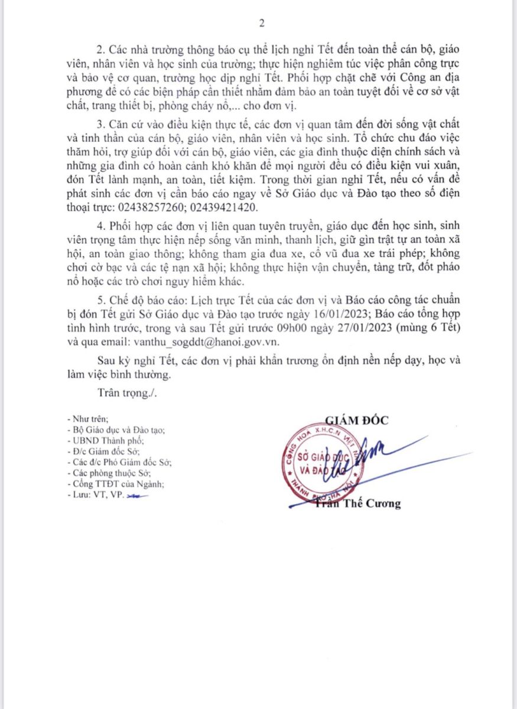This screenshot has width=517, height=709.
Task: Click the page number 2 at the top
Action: pos(261,24)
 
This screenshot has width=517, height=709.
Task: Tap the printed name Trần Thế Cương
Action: pos(366,504)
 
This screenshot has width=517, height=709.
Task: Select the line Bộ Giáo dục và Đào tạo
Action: pos(117,430)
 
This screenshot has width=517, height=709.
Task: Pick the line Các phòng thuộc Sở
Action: pos(109,473)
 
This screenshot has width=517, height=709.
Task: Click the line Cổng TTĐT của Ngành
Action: pos(117,483)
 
